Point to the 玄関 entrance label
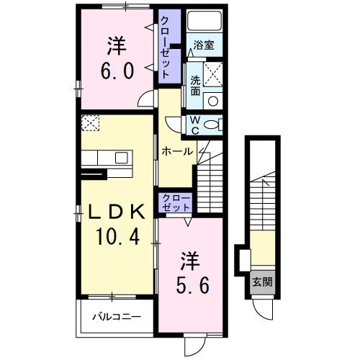[261, 281]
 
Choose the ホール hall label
[177, 151]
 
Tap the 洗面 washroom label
[195, 82]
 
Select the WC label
[195, 125]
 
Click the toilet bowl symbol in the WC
[213, 125]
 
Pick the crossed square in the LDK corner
[90, 123]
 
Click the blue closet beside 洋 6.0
[166, 47]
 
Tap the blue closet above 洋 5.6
[174, 202]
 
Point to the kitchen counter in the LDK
[105, 158]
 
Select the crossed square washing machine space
[213, 73]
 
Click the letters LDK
[117, 210]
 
